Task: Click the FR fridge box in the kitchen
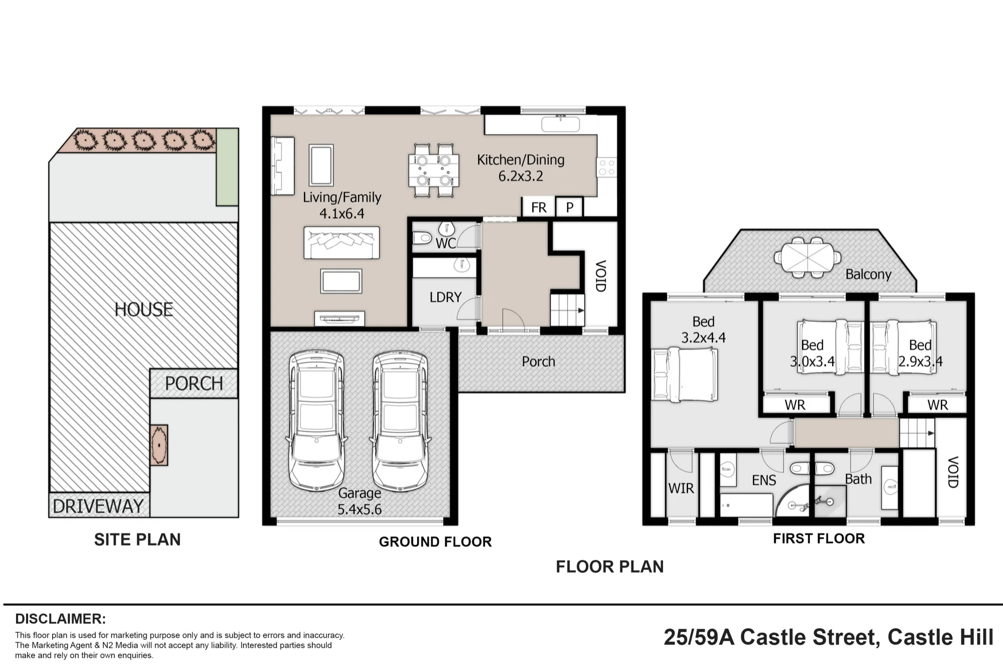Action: click(x=539, y=207)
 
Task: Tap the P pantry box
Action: click(x=570, y=207)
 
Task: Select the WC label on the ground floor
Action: click(x=446, y=244)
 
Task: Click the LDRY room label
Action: click(x=445, y=297)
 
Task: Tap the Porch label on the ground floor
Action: click(x=539, y=362)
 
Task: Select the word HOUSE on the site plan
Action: click(x=143, y=309)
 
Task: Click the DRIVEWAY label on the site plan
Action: click(x=98, y=507)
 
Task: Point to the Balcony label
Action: click(x=869, y=274)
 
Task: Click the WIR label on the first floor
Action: click(x=681, y=488)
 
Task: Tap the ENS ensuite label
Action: click(x=764, y=480)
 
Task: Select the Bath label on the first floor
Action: click(x=859, y=479)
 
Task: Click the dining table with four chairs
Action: click(x=433, y=171)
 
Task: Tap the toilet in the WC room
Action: click(x=422, y=237)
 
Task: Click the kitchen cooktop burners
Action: click(x=606, y=168)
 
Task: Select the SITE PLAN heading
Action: click(x=137, y=540)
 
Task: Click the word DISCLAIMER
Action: click(x=61, y=619)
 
